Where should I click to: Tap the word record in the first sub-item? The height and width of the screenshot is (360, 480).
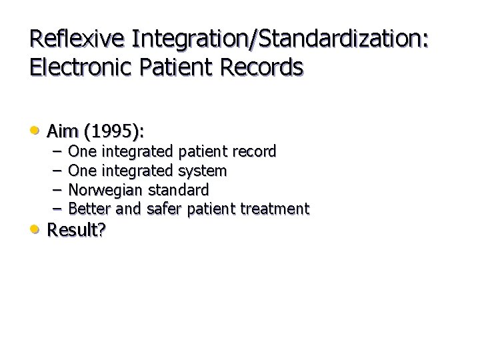pyautogui.click(x=251, y=151)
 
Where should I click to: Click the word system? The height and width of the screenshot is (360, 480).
pyautogui.click(x=203, y=171)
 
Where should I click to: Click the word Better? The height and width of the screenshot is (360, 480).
pyautogui.click(x=89, y=209)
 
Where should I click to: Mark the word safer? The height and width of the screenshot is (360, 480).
pyautogui.click(x=165, y=209)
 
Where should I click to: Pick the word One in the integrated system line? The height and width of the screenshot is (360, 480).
pyautogui.click(x=82, y=171)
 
